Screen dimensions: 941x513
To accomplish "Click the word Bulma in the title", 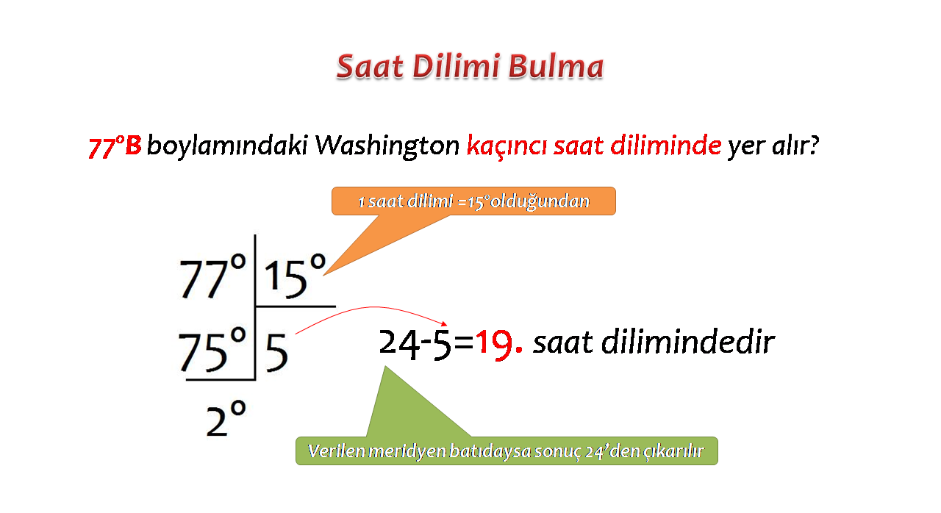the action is (556, 66).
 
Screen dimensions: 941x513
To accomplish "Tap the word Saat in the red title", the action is (370, 66).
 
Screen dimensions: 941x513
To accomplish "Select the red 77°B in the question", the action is (115, 146).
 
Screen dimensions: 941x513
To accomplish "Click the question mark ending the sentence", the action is (813, 145).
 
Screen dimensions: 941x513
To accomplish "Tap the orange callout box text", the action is (473, 201).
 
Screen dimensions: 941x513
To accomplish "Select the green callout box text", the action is (506, 451).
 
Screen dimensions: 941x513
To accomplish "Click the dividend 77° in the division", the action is (212, 277).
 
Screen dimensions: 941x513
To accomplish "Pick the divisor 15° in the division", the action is (295, 276).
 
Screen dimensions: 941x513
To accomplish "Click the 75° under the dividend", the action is (212, 350).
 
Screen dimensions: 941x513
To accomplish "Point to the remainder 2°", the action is (226, 417).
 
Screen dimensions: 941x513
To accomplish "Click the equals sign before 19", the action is (464, 343).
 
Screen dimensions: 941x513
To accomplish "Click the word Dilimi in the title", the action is (455, 66).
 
